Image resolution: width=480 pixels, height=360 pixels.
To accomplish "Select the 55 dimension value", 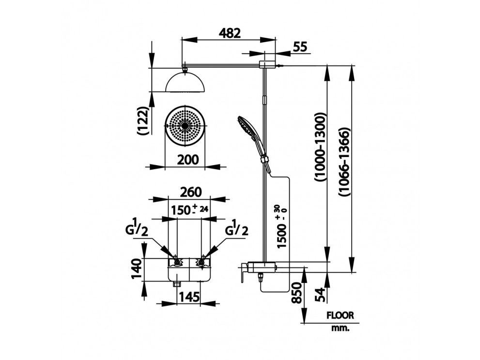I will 300,47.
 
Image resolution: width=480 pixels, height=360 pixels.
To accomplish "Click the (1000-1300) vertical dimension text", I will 320,148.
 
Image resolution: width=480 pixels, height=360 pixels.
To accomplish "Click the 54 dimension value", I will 320,295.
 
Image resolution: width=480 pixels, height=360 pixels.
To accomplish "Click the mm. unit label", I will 341,328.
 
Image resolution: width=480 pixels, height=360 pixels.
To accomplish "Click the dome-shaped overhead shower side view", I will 185,82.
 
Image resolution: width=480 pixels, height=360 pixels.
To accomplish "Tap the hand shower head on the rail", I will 246,126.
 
